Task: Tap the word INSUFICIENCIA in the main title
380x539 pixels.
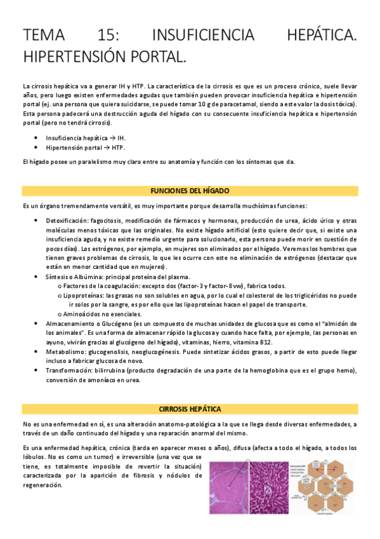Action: (x=202, y=35)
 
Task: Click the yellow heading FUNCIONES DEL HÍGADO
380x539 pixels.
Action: (x=190, y=191)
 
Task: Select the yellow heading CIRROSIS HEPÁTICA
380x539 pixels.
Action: (x=190, y=408)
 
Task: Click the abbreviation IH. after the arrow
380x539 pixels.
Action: (x=121, y=138)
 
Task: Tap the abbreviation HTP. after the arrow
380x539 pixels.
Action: (x=117, y=147)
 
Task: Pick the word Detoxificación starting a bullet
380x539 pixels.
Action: (x=68, y=220)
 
